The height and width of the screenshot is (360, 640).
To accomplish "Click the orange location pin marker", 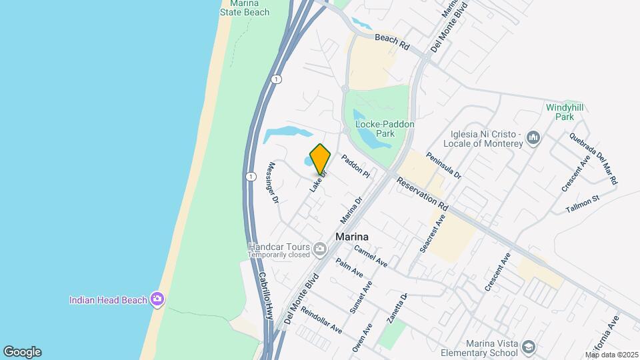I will tap(320, 159).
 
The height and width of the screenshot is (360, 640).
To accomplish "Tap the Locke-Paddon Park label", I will tap(385, 129).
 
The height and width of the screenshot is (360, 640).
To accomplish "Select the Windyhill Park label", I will tap(560, 111).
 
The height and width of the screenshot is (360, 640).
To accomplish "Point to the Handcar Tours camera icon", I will tap(321, 249).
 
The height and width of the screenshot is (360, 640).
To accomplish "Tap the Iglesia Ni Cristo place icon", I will tap(533, 138).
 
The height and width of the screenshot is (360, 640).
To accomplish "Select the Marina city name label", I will tap(353, 237).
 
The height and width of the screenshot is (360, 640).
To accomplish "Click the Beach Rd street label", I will tap(391, 42).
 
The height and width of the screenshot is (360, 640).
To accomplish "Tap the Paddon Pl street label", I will tap(355, 166).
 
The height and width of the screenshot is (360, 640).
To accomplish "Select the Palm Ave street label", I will tap(349, 269).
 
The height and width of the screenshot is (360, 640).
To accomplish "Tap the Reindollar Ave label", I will tap(321, 321).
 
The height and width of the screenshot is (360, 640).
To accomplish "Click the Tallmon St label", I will tap(583, 204).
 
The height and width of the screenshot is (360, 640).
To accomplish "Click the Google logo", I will tap(22, 352).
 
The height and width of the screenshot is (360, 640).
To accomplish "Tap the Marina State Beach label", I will tap(245, 8).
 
